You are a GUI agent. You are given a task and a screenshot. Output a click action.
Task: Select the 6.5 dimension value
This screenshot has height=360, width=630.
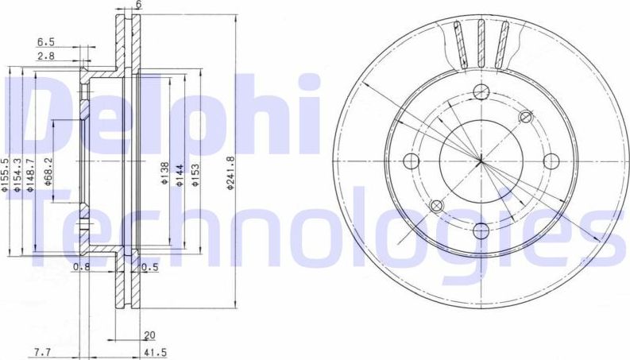pos(45,43)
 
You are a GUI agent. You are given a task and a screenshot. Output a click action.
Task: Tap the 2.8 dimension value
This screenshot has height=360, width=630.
pos(45,57)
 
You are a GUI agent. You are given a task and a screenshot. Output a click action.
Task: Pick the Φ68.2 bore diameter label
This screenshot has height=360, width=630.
pos(49,170)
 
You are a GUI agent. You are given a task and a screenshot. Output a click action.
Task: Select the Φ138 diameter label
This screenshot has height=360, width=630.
pos(165,174)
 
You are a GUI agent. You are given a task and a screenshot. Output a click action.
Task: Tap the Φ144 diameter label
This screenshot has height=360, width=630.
pos(180,174)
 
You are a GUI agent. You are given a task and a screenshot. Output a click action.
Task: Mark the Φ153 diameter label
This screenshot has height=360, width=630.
pos(195,174)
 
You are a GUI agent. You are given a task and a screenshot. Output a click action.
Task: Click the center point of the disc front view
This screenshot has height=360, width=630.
pos(481,161)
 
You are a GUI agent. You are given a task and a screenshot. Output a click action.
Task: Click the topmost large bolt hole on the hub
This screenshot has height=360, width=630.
pos(481,91)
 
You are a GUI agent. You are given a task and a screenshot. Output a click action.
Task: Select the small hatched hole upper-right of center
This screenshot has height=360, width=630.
pos(524,118)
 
